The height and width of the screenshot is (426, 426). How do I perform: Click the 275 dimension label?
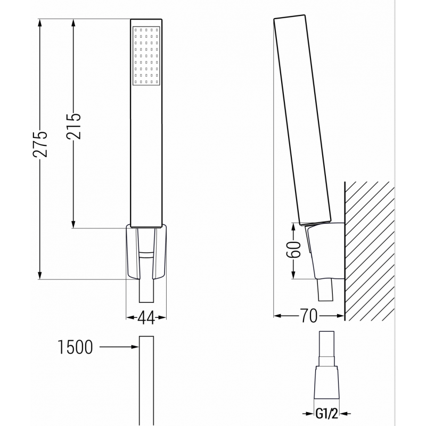(40, 143)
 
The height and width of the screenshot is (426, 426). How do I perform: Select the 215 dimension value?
(74, 126)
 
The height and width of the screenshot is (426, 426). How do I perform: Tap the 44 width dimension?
(146, 318)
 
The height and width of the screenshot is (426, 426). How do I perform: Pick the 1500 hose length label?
(75, 348)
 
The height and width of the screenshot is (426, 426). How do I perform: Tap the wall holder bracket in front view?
(146, 250)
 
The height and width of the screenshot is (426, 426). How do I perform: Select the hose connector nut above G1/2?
(326, 381)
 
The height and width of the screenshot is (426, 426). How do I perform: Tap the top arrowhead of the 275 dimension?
(40, 22)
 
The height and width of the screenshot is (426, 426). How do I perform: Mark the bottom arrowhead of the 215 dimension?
(74, 225)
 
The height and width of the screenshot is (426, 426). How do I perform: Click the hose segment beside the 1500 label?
(146, 373)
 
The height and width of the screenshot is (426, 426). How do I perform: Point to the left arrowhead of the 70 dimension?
(277, 316)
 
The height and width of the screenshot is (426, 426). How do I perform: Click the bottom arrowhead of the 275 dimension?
(40, 275)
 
